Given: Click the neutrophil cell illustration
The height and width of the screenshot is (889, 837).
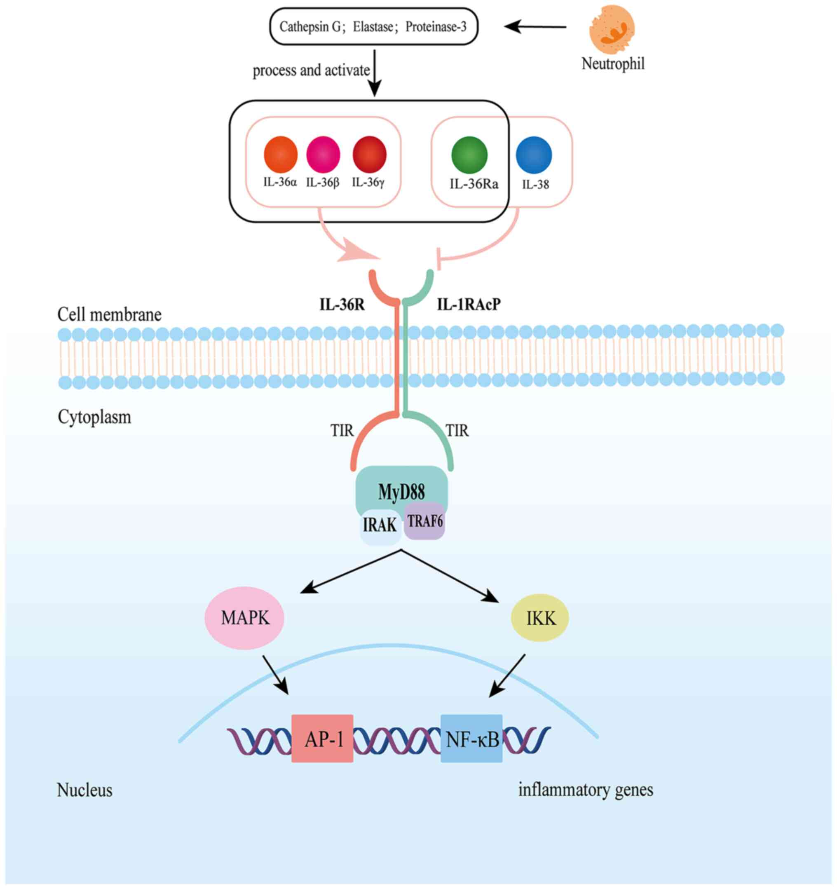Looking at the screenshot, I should tap(611, 30).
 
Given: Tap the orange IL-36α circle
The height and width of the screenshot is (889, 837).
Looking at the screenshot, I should tap(280, 155).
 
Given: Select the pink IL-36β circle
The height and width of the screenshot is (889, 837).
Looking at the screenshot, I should tap(323, 155).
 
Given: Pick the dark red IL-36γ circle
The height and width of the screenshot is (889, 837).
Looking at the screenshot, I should tap(369, 155).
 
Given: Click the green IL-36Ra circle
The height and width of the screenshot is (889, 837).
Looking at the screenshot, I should tap(469, 155).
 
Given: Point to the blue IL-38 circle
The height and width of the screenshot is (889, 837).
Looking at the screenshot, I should tap(534, 155).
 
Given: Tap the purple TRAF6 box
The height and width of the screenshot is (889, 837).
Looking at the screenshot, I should tap(424, 521).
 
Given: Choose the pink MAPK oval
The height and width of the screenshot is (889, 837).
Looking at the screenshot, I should tap(244, 618).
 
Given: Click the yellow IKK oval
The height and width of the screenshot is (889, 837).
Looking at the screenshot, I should tap(540, 618).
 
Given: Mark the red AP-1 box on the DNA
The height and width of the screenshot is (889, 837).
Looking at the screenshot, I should tap(322, 740).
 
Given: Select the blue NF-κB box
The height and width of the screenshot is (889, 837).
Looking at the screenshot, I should tap(472, 740).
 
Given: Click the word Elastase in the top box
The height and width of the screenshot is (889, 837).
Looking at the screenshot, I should tap(373, 27).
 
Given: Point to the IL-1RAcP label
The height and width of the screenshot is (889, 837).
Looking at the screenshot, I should tap(469, 305).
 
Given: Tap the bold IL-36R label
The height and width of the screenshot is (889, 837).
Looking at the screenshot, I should tap(342, 305).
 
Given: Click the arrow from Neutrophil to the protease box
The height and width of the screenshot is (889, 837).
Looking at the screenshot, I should tap(535, 27).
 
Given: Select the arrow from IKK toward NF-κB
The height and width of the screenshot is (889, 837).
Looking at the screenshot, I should tap(507, 675).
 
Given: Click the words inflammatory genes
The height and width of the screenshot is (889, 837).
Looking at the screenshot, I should tap(585, 790).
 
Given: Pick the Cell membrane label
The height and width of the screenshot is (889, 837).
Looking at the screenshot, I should tap(109, 315).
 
